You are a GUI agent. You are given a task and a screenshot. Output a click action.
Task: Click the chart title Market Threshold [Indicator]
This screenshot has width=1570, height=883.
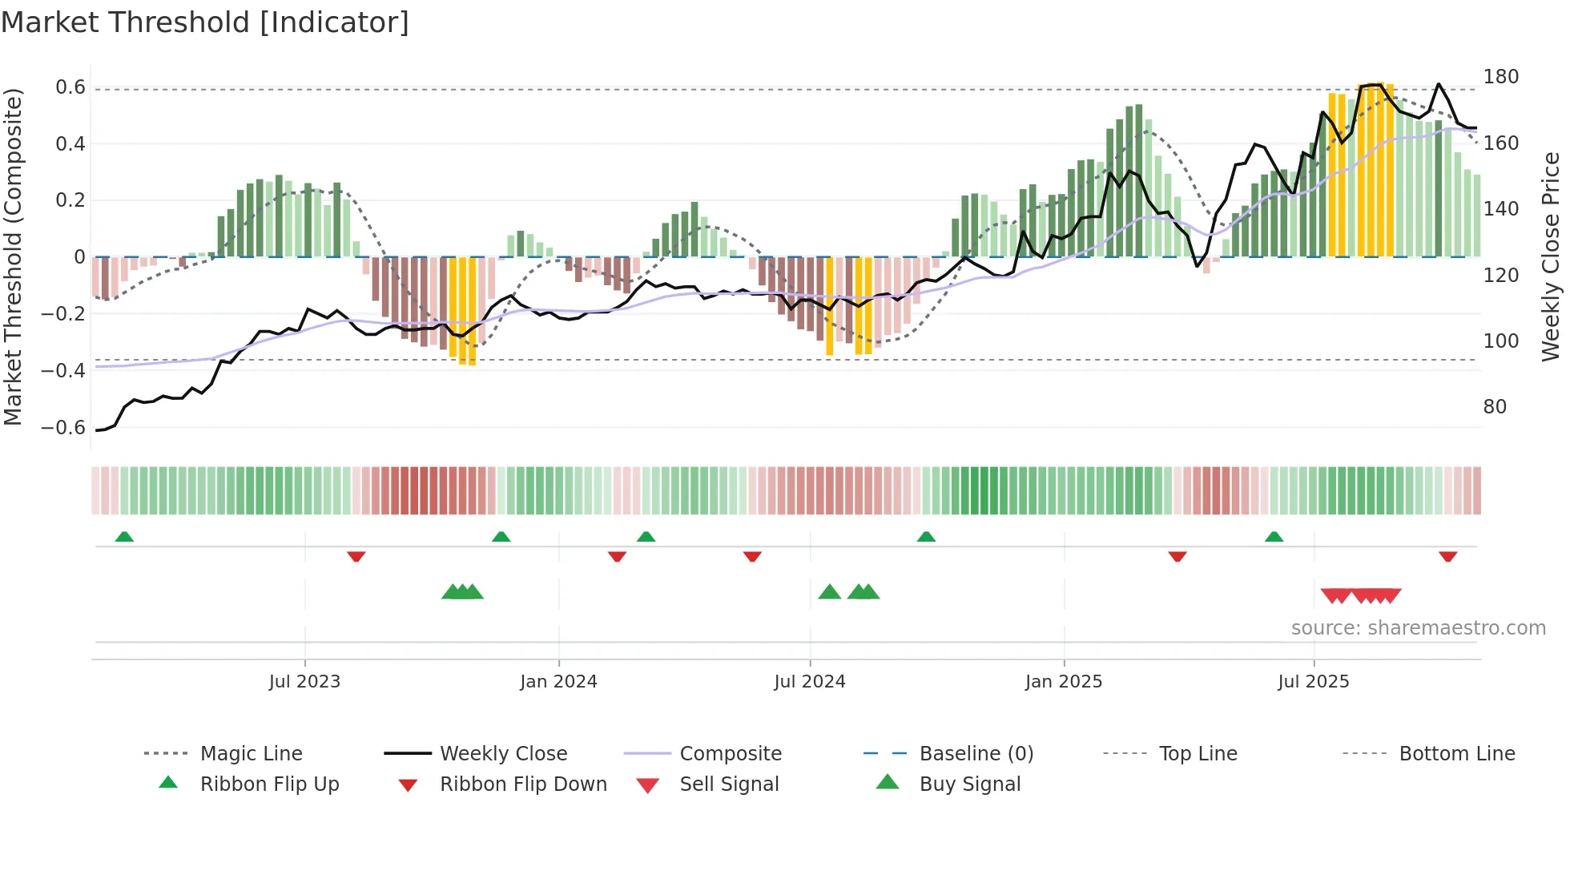205,22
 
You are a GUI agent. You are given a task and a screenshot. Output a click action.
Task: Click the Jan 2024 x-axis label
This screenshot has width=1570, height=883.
558,682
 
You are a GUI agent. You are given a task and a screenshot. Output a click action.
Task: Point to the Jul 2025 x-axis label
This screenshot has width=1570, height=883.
1313,682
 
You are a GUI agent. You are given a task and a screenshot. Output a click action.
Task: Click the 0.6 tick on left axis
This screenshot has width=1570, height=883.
70,87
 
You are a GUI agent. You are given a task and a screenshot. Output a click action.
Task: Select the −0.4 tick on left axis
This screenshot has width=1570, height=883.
63,370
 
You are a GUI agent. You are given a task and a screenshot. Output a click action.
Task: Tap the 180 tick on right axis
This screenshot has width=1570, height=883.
1500,77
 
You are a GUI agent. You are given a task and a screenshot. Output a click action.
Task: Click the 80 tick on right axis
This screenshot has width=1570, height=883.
1495,407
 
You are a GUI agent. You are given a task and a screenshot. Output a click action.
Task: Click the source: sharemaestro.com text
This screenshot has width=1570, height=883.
1418,628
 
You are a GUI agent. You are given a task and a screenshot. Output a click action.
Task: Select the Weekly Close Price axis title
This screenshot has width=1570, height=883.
1551,256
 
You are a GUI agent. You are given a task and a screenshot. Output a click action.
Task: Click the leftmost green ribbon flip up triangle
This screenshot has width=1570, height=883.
124,537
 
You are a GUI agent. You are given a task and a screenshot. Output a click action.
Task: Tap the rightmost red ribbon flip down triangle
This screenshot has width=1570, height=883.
1447,556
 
